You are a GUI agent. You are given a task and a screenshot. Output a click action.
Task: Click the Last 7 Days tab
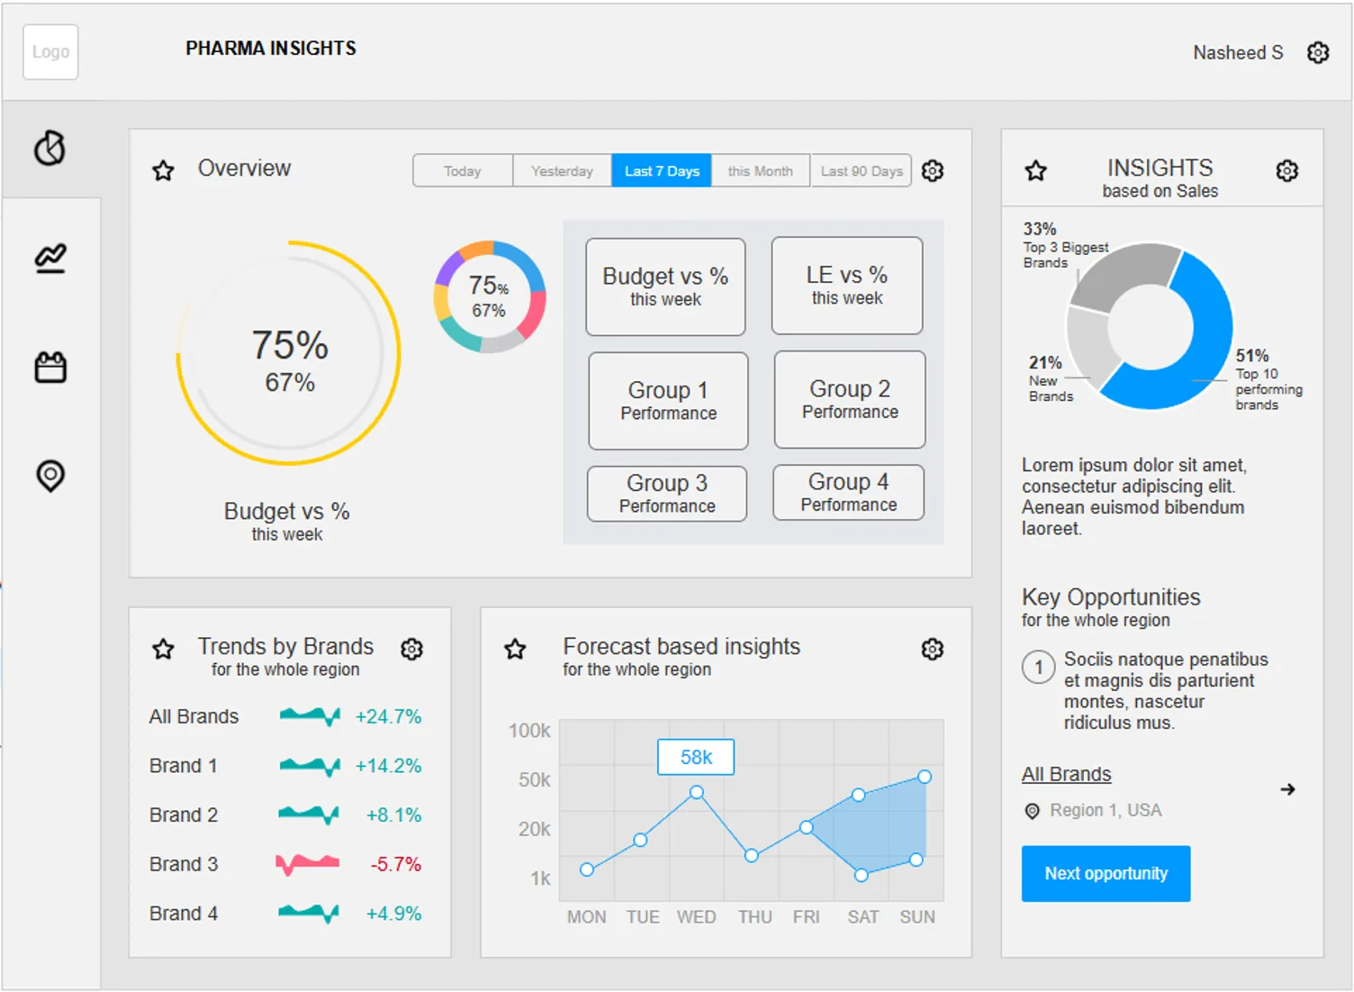point(662,171)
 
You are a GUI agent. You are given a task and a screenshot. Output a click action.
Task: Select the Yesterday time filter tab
point(562,171)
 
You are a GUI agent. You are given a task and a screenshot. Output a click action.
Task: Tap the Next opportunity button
point(1106,873)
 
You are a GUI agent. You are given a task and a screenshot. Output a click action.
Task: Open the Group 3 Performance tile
point(667,494)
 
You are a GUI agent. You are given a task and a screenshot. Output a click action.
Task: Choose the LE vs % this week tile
point(847,286)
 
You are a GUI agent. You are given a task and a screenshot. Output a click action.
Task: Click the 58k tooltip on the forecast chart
point(696,757)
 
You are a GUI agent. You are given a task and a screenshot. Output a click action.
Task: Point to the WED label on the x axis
point(696,917)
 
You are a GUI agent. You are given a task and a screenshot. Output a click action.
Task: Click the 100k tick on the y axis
point(529,731)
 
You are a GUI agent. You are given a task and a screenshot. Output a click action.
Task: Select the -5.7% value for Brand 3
point(395,864)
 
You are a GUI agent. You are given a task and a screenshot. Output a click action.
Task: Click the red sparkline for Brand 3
point(307,864)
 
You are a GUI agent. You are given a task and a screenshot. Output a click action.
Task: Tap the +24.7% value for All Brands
point(388,716)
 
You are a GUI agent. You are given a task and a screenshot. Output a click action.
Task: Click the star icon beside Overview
point(163,170)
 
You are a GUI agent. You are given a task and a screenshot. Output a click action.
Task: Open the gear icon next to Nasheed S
point(1318,52)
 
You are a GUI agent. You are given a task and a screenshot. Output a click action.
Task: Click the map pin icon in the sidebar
point(50,476)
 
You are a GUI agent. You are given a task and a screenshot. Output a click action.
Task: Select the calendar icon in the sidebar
point(50,368)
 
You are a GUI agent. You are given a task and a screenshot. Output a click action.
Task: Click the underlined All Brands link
point(1066,774)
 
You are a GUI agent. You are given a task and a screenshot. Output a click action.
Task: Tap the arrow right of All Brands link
point(1287,789)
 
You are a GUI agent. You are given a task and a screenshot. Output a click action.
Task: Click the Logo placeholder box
point(50,52)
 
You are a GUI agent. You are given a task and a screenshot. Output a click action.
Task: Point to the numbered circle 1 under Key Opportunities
point(1039,667)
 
